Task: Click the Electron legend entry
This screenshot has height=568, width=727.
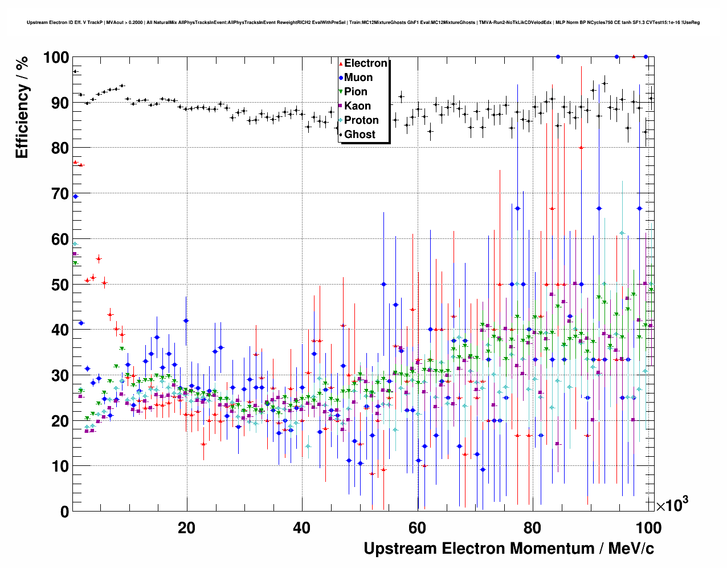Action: (365, 63)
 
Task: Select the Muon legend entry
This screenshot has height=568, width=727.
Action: (358, 78)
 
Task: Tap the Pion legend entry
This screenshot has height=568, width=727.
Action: (356, 92)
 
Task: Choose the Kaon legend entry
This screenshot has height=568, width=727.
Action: (357, 106)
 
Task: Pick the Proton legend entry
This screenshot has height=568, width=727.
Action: (361, 120)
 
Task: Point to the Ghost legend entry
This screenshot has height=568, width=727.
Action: (360, 135)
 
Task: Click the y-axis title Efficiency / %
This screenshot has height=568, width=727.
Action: (22, 108)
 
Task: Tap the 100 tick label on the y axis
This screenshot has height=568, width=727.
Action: (56, 58)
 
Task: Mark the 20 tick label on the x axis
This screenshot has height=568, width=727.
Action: (187, 528)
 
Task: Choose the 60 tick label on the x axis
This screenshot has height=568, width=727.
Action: (418, 528)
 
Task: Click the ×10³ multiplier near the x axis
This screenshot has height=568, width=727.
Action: (672, 505)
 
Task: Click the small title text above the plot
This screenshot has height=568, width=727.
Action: (363, 23)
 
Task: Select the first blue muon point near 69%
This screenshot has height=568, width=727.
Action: (75, 196)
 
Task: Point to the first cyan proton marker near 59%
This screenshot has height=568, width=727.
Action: (75, 244)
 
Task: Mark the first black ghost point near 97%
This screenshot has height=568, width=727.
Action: (75, 71)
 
